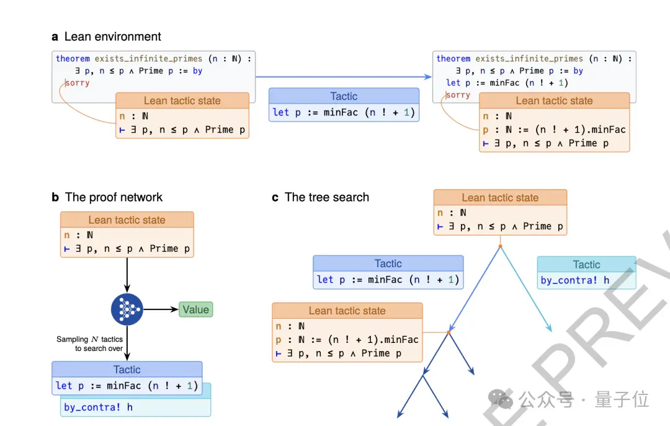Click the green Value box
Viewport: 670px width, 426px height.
pos(195,309)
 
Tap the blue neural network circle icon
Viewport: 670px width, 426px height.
pos(127,309)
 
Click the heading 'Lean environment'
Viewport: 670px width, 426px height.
pos(113,37)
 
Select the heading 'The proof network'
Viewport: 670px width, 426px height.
pos(114,197)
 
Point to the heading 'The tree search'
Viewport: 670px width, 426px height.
pos(327,197)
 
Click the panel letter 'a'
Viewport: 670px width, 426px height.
pos(55,37)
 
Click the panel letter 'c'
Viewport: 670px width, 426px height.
pos(275,198)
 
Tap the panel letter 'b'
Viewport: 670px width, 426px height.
pos(55,197)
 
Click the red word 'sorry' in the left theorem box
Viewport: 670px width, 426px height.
pos(78,83)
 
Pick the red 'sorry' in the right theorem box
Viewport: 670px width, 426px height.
pos(458,95)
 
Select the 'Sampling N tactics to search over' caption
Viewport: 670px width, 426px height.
pos(90,344)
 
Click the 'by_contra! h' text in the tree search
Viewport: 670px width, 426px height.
pos(574,280)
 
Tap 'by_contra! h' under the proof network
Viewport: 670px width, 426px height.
pos(98,407)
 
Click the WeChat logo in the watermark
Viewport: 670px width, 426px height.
pos(501,399)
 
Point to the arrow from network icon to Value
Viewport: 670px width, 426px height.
pos(161,309)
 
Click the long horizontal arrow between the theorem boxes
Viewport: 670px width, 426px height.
pos(344,77)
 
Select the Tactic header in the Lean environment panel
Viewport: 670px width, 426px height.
pos(344,96)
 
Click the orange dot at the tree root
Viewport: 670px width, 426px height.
pos(501,246)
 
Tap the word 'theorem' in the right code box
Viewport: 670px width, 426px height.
pos(453,58)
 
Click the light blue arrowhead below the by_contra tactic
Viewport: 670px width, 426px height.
pos(550,329)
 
